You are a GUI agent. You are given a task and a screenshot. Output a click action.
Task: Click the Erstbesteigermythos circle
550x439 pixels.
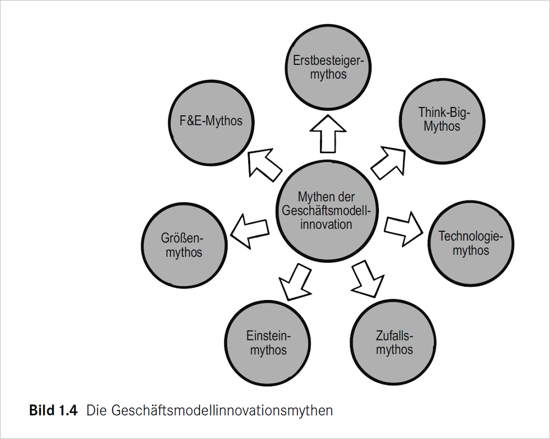[328, 67]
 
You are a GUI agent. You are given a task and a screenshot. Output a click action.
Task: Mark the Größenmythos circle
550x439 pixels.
[184, 245]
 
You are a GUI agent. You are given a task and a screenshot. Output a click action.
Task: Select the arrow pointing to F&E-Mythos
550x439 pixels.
[263, 164]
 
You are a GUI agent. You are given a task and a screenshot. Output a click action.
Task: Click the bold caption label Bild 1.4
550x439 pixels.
[53, 411]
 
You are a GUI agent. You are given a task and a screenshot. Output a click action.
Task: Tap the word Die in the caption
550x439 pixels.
[95, 411]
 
